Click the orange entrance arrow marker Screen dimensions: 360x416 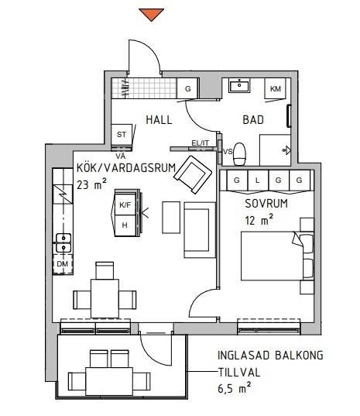click(152, 14)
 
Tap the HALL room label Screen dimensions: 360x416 click(159, 119)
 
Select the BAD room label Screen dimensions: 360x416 click(253, 119)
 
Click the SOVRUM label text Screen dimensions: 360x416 click(266, 204)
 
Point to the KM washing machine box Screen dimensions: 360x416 click(275, 88)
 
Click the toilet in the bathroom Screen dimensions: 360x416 click(240, 154)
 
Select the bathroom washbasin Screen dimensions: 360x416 click(239, 85)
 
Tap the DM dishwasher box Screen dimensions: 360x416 click(63, 264)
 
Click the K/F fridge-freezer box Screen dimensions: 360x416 click(125, 205)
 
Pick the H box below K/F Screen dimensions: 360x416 click(125, 225)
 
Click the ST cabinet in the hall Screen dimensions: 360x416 click(122, 135)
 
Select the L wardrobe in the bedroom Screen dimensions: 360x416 click(257, 180)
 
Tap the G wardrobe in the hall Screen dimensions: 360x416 click(187, 88)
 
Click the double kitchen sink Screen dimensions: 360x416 click(63, 242)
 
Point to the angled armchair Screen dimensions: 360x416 click(193, 174)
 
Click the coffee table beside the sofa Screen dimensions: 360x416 click(171, 218)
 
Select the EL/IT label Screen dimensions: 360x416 click(201, 143)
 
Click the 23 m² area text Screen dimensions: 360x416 click(91, 184)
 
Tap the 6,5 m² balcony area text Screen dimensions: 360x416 click(235, 388)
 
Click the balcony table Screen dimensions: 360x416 click(109, 381)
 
